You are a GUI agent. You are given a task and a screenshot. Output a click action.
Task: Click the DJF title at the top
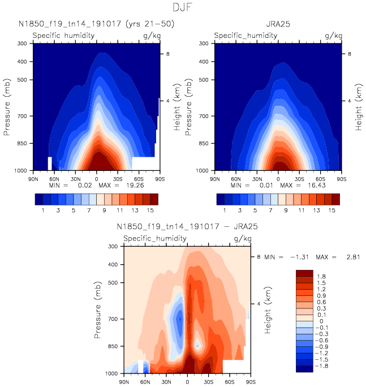[183, 7]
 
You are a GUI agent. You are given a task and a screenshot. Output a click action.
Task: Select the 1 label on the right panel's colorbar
[226, 210]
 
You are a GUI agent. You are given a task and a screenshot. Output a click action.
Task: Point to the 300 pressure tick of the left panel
[23, 44]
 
